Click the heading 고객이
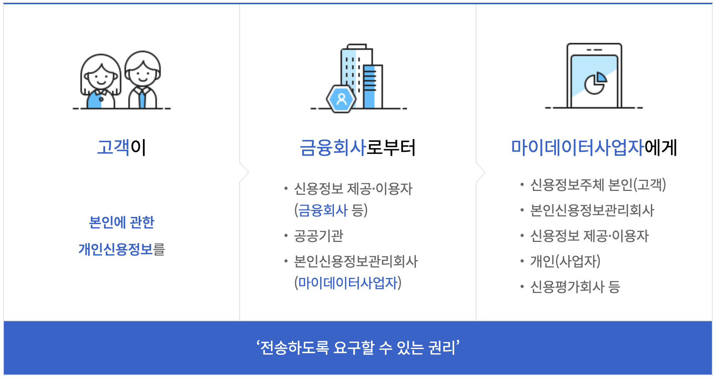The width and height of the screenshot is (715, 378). click(121, 148)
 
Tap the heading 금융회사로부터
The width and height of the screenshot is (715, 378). click(357, 148)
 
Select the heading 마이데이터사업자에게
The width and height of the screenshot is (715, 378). click(594, 148)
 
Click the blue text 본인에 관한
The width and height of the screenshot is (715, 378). click(121, 222)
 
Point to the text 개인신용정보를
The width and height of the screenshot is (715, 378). click(121, 249)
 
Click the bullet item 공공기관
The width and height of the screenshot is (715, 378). click(318, 236)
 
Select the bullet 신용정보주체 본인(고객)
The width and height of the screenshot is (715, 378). click(598, 185)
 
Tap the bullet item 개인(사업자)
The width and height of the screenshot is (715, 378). click(565, 261)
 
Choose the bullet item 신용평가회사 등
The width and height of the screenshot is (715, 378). click(575, 287)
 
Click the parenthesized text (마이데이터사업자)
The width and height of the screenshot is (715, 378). click(348, 283)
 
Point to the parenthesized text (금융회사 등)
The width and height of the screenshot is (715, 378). click(331, 210)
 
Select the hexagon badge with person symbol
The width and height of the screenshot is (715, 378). click(341, 99)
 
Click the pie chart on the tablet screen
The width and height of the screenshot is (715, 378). click(595, 83)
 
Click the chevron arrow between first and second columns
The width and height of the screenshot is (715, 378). click(244, 172)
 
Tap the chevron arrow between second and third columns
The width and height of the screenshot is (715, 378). click(481, 172)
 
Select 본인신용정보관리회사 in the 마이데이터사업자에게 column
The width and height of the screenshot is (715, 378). click(592, 210)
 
